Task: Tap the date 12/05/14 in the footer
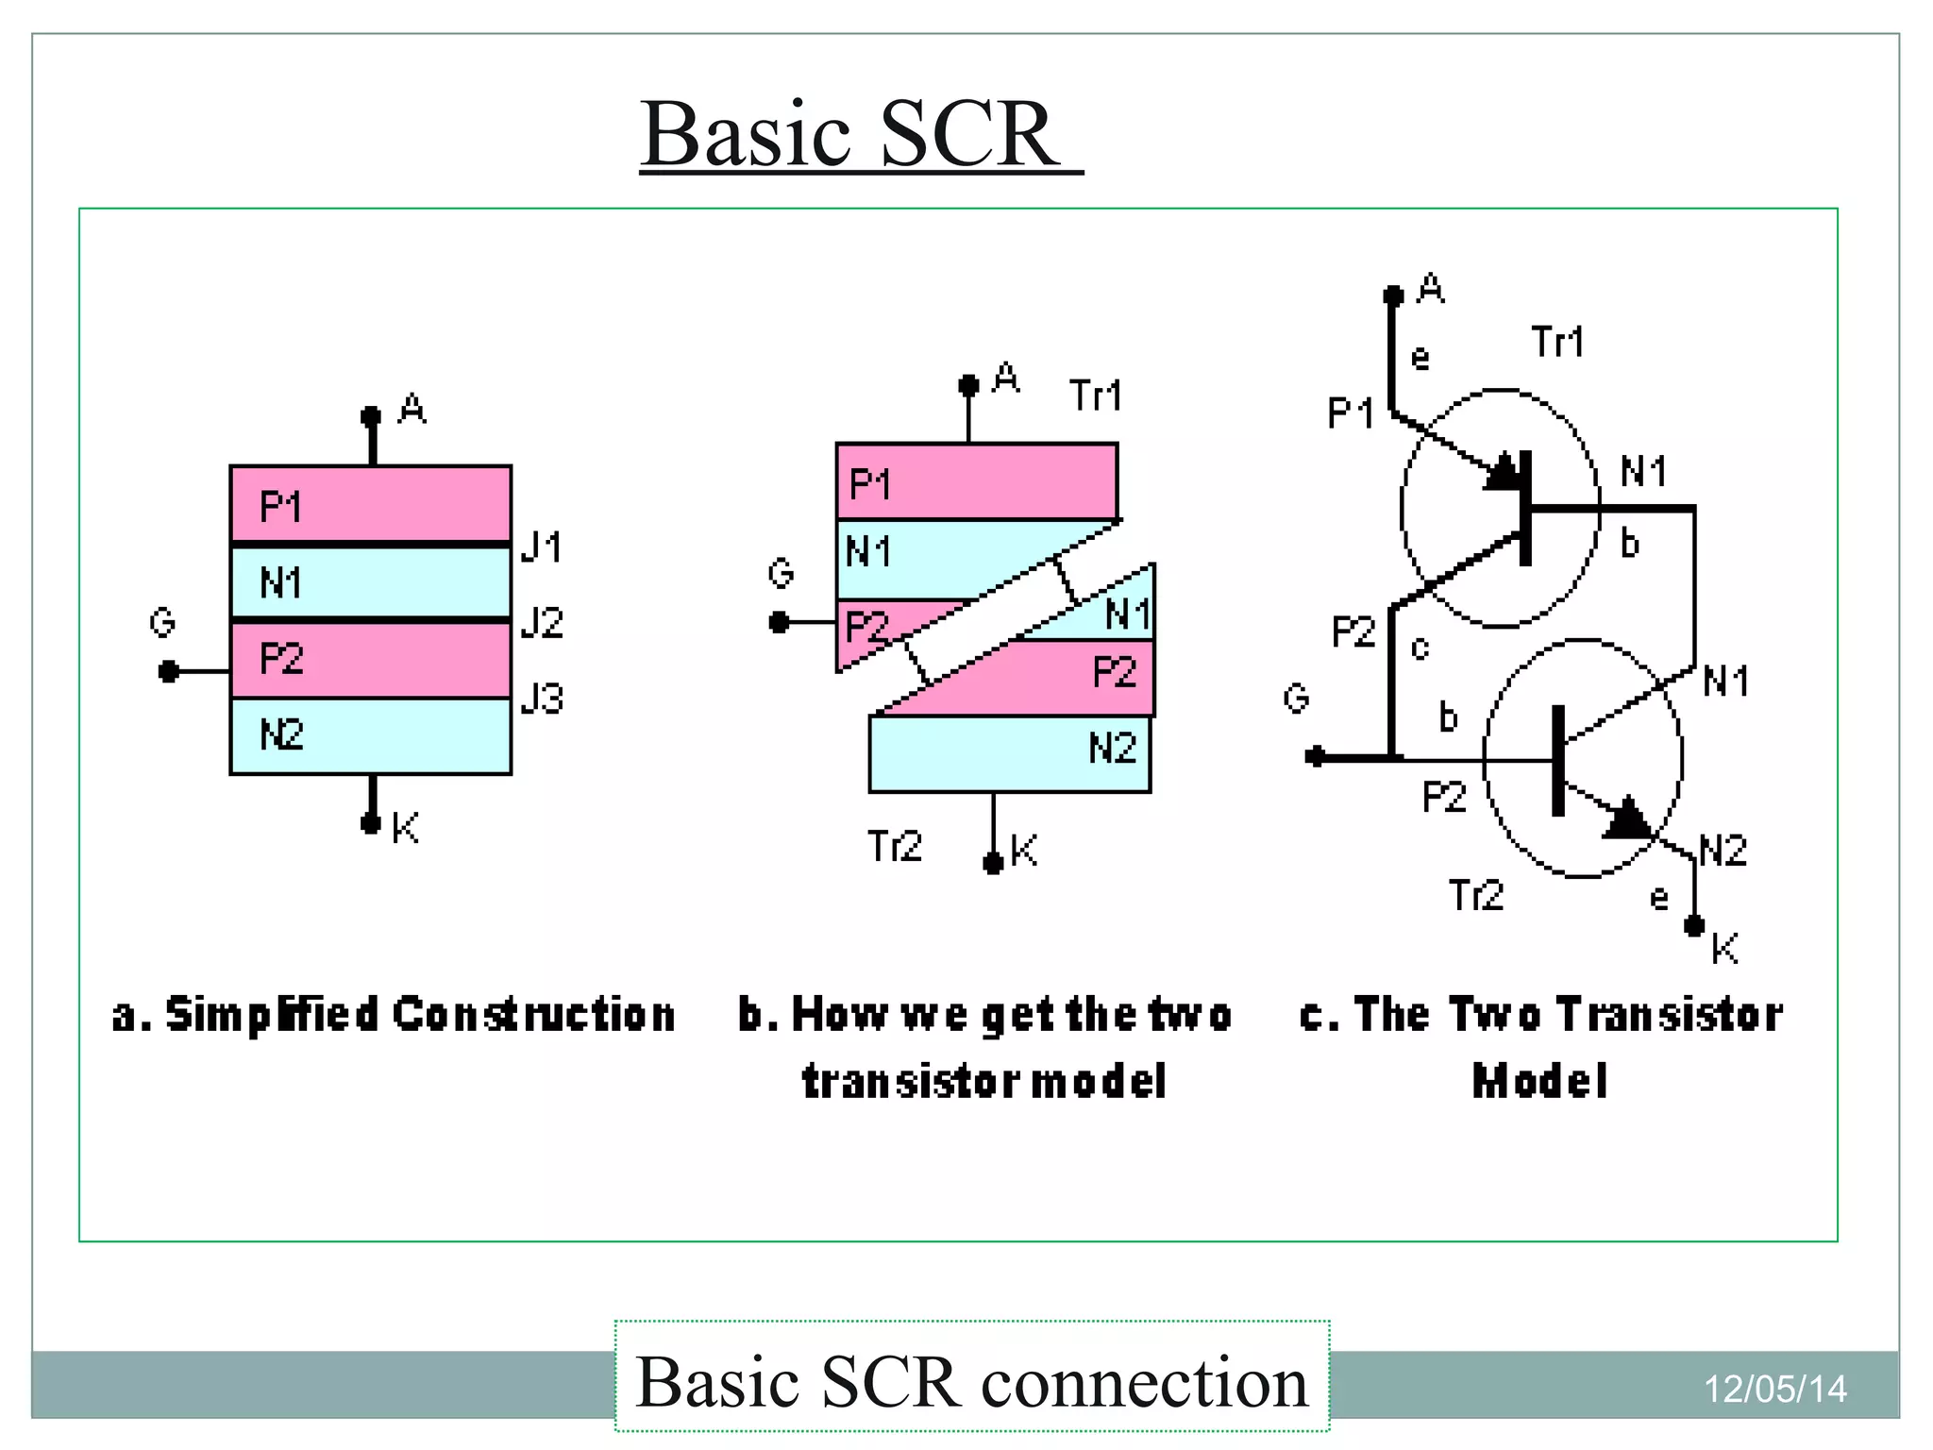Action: [x=1774, y=1389]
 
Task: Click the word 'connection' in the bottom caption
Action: [x=1144, y=1382]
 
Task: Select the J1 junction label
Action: [x=542, y=547]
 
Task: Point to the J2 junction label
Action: [x=542, y=623]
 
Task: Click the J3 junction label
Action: [x=542, y=699]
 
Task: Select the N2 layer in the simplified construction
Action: [x=371, y=736]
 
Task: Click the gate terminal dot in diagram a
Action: [x=169, y=671]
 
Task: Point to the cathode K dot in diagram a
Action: [x=371, y=823]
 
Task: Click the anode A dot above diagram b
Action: [x=968, y=385]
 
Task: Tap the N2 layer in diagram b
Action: [x=1010, y=753]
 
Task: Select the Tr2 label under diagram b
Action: [x=894, y=846]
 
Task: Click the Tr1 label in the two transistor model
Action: [x=1557, y=342]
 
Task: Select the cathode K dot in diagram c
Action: [x=1694, y=925]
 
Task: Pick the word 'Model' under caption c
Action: [x=1540, y=1081]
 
